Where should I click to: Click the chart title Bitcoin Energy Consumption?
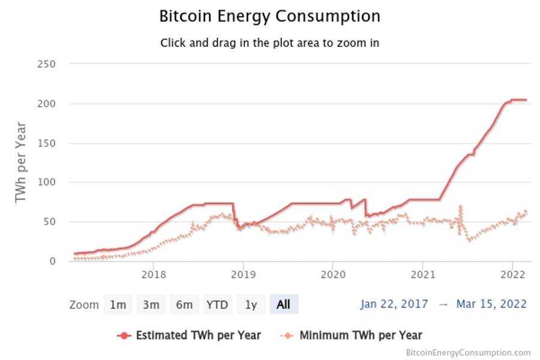(x=269, y=16)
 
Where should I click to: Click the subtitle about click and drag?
(x=269, y=43)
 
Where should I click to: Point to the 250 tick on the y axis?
(x=46, y=64)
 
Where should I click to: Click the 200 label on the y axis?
(x=46, y=104)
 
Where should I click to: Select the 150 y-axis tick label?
(x=46, y=143)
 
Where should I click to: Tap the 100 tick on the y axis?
(x=46, y=182)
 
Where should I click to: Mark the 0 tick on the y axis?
(x=52, y=261)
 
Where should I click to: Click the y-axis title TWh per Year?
(x=21, y=162)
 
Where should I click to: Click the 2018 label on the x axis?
(x=153, y=275)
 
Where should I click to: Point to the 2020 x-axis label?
(x=332, y=275)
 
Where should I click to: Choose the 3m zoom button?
(x=151, y=305)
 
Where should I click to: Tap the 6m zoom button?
(x=184, y=305)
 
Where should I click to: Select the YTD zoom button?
(x=217, y=305)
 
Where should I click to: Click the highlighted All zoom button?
(x=284, y=305)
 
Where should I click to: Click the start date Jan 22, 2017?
(x=394, y=304)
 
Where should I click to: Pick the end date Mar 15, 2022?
(x=491, y=304)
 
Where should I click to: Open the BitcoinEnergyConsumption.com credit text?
(x=468, y=353)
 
